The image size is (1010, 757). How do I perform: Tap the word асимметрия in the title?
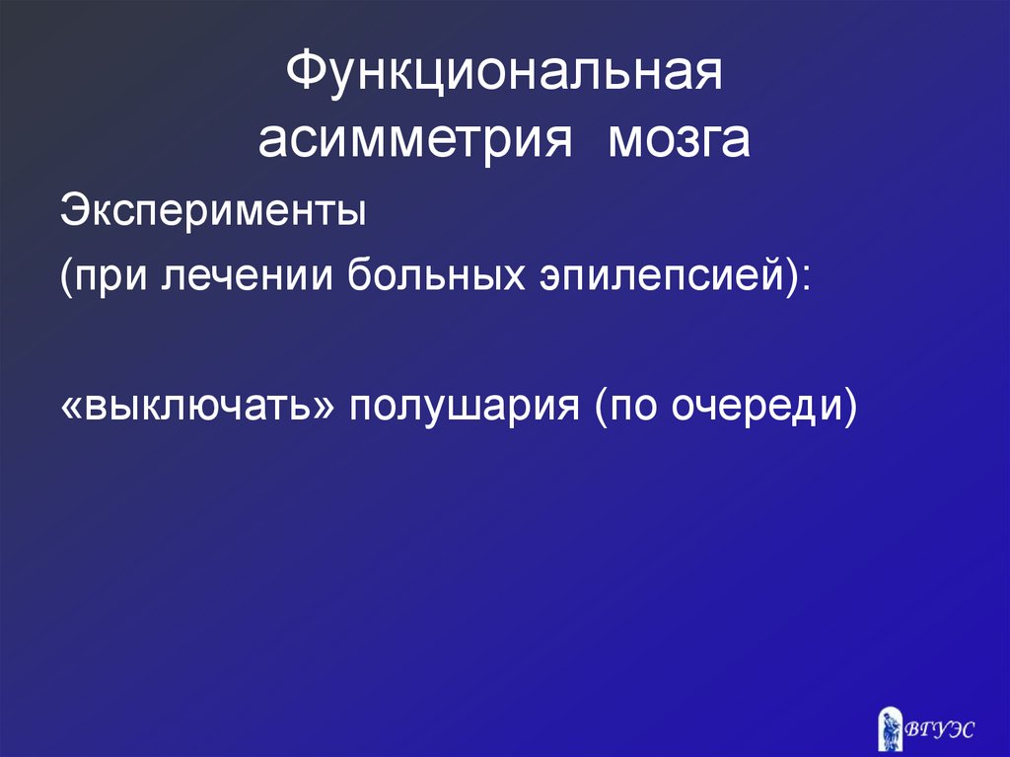tap(415, 141)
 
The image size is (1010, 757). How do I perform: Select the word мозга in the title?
tap(679, 141)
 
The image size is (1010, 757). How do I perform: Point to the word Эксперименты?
tap(212, 211)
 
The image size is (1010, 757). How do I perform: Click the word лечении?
tap(254, 279)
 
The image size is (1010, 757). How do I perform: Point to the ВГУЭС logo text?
tap(940, 729)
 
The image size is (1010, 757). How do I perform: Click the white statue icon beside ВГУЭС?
tap(890, 724)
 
